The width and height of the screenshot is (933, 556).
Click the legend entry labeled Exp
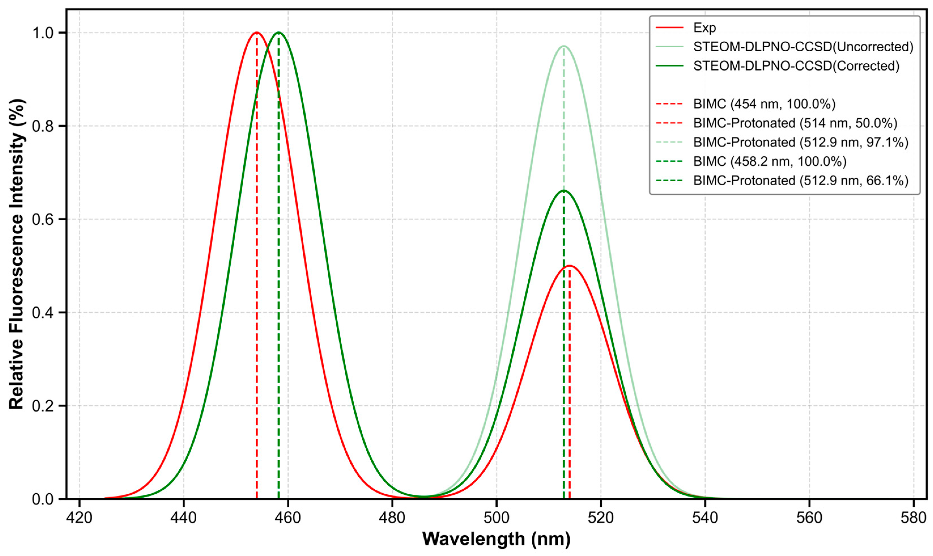(x=704, y=28)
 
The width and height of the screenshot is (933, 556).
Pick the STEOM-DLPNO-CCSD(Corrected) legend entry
(x=796, y=66)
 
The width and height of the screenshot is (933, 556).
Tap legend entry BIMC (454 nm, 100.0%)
(x=764, y=104)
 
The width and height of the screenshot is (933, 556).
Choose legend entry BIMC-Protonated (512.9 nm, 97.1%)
(x=800, y=142)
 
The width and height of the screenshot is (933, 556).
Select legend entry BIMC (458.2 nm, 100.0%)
(x=770, y=161)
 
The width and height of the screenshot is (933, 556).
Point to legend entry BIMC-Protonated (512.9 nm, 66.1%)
(x=800, y=181)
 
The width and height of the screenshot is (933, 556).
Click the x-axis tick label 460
(x=288, y=518)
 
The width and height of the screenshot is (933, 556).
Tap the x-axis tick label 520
(x=601, y=518)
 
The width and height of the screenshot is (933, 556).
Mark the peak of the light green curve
(x=563, y=46)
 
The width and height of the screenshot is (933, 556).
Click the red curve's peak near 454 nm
(x=257, y=33)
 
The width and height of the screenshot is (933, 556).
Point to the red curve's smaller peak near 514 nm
(x=569, y=266)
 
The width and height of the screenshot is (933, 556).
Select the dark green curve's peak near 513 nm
(x=563, y=190)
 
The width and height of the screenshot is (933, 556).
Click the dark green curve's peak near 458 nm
(x=279, y=33)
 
